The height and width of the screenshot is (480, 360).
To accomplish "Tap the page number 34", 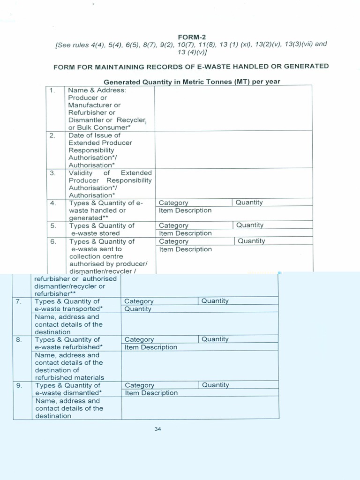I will point(157,429).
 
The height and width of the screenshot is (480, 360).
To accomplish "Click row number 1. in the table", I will point(52,90).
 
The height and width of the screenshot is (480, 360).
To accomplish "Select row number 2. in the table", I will point(52,135).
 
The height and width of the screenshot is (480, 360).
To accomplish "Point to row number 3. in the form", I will point(52,172).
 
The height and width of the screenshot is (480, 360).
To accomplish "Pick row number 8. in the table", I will point(19,339).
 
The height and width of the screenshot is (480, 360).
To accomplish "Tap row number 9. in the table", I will point(19,385).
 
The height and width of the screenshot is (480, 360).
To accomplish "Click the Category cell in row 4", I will point(173,203).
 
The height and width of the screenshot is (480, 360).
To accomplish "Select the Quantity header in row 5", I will point(250,225).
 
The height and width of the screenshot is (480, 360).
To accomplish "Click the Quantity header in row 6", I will point(251,241).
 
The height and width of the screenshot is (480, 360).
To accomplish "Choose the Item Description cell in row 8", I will point(151,347).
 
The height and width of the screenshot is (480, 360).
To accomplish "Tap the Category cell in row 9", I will point(140,385).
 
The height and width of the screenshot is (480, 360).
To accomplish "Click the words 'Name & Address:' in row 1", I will point(97,90).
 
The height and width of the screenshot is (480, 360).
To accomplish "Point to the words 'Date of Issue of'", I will point(94,135).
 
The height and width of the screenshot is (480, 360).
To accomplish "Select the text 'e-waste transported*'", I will point(68,309).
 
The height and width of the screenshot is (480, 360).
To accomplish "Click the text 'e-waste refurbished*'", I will point(69,347).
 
